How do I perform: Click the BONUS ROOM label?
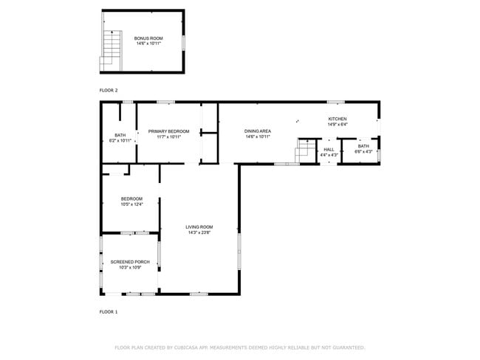(x=148, y=38)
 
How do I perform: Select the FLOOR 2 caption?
(x=109, y=90)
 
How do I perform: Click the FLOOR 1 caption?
(x=109, y=312)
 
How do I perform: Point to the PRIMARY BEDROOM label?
(x=168, y=131)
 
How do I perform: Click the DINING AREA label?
(x=258, y=131)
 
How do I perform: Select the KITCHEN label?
(x=337, y=119)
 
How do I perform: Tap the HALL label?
(x=329, y=150)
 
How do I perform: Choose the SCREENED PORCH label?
(x=130, y=262)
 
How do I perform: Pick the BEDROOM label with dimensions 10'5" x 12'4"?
(x=131, y=198)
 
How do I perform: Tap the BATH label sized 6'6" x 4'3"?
(x=363, y=146)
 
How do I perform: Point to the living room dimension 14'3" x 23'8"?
(x=199, y=232)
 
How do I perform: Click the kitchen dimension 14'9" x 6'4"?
(x=337, y=125)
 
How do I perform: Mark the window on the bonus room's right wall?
(x=183, y=41)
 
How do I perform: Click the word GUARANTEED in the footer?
(x=345, y=347)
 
